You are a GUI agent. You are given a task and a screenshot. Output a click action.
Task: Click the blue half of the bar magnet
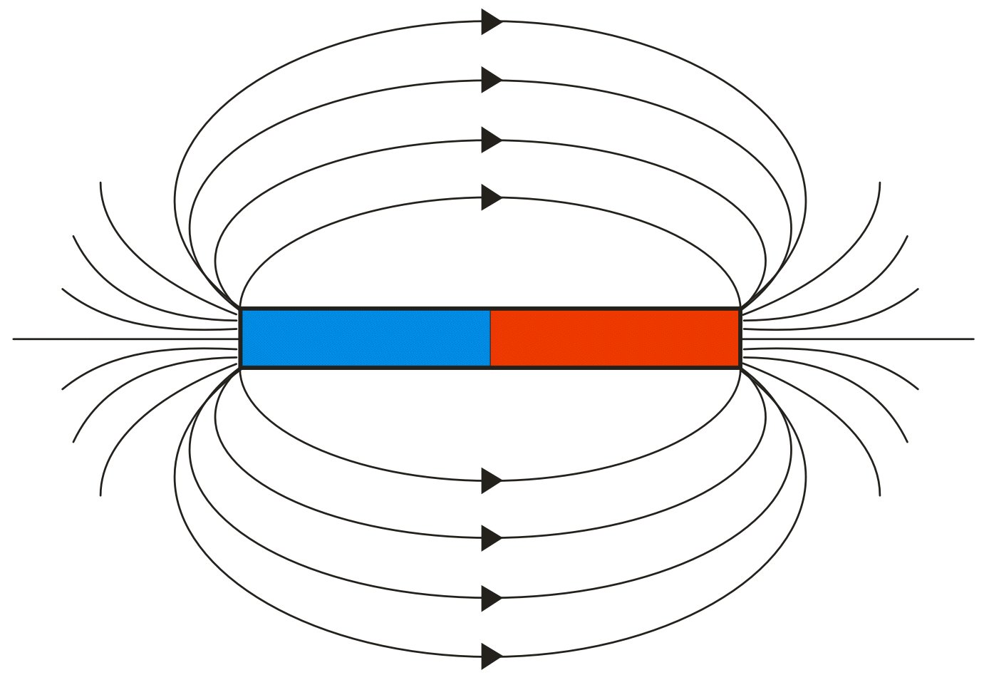[366, 339]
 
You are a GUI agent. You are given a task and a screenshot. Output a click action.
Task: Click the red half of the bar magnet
[615, 339]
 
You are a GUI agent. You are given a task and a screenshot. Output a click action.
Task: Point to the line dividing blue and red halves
[490, 339]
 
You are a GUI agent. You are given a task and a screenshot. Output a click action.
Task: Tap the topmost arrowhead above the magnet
[491, 22]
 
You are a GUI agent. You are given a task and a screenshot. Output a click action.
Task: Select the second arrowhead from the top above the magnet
[491, 80]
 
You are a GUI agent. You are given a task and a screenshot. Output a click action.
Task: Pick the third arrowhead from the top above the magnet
[491, 140]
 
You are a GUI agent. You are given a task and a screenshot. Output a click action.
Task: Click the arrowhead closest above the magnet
[491, 197]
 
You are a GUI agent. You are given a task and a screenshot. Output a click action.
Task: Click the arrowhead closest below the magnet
[491, 480]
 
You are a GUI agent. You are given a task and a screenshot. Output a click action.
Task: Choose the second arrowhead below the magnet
[491, 537]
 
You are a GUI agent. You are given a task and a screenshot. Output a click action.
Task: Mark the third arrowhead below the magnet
[491, 597]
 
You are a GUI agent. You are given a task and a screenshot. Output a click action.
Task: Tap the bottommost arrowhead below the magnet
[491, 656]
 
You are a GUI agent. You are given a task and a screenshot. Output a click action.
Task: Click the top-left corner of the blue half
[242, 309]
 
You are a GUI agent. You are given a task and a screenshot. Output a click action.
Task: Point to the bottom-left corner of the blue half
[242, 367]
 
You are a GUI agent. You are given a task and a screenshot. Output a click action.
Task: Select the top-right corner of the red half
[739, 309]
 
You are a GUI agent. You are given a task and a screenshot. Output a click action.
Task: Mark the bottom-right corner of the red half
[739, 367]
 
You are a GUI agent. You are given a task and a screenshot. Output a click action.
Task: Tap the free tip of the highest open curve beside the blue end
[101, 183]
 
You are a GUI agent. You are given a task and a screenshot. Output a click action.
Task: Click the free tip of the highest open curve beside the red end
[879, 183]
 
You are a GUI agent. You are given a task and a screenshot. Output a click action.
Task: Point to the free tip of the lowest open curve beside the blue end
[101, 495]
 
